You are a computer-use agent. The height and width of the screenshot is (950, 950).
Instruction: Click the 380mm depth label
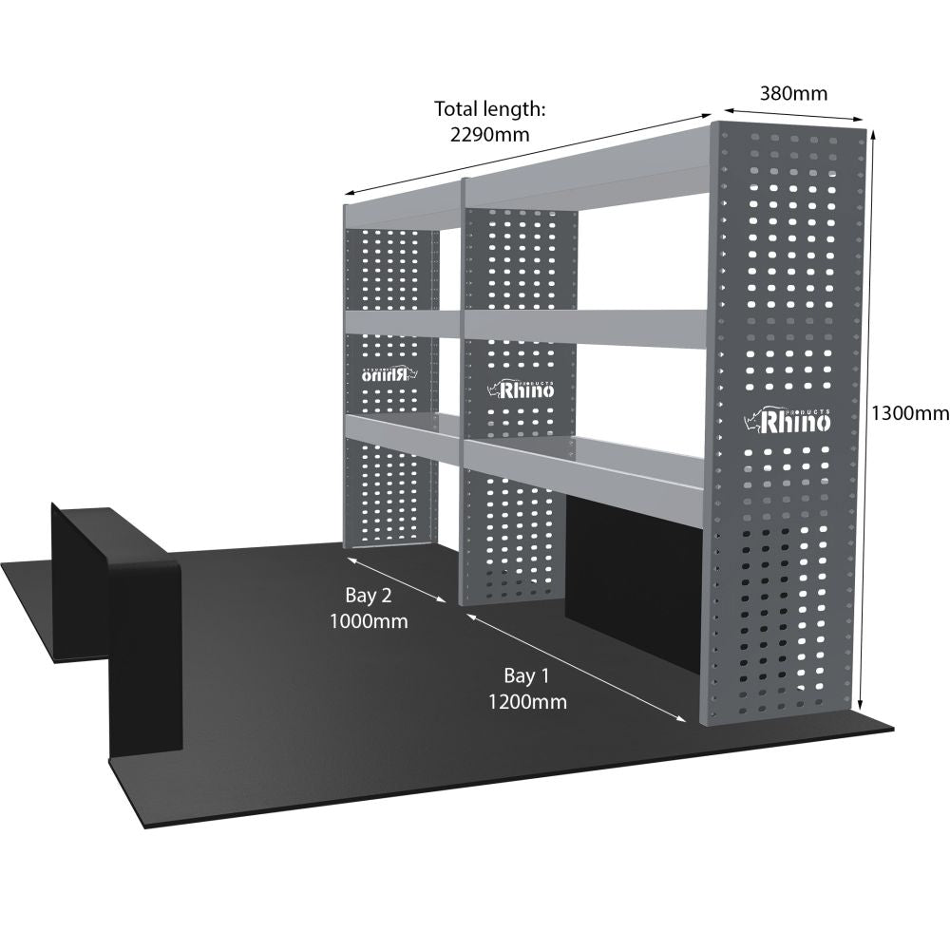coord(793,93)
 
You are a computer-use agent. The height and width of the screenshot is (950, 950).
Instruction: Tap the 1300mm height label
coord(910,413)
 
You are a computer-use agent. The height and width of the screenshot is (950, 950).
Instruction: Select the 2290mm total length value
coord(489,134)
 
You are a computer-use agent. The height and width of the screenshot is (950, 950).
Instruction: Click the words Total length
coord(490,109)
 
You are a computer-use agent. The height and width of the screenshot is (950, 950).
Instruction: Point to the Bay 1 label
coord(526,675)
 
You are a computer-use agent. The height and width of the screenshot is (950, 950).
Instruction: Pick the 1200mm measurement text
coord(527,702)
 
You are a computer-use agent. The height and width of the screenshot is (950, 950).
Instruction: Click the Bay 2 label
coord(369,596)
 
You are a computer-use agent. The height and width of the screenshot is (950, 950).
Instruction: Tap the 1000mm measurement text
coord(369,621)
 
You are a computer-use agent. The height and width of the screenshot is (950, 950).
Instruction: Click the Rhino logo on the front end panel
coord(787,420)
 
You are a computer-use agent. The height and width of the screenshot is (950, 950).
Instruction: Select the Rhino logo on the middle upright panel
coord(522,389)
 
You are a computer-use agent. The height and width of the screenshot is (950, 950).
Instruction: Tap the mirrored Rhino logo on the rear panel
coord(389,373)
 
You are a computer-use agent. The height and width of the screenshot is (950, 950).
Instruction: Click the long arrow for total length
coord(527,153)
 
